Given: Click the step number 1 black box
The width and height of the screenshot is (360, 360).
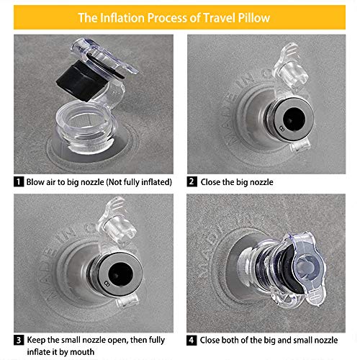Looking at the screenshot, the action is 19,181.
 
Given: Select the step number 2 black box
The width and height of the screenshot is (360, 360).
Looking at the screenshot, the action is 192,181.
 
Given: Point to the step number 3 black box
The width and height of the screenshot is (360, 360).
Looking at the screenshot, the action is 19,340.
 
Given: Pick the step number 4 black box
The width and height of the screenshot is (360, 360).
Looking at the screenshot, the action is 192,340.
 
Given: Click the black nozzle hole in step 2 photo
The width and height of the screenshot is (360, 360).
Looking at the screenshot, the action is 294,119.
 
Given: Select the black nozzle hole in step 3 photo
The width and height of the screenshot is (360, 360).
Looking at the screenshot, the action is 120,274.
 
